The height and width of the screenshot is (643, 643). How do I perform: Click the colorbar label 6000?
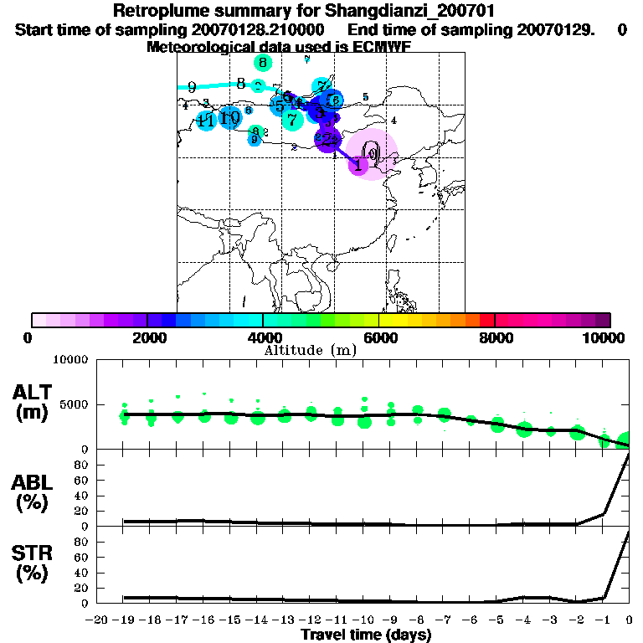tap(378, 338)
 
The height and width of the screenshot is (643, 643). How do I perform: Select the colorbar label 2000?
tap(147, 338)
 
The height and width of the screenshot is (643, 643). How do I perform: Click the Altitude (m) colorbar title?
tap(311, 350)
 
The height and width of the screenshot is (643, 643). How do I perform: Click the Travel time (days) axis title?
tap(366, 635)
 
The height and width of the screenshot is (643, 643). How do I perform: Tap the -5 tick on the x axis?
tap(496, 620)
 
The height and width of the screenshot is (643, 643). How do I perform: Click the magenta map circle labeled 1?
tap(358, 165)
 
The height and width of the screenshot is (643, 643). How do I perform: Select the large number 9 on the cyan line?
tap(192, 87)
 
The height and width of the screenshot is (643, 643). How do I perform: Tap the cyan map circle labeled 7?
tap(291, 121)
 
